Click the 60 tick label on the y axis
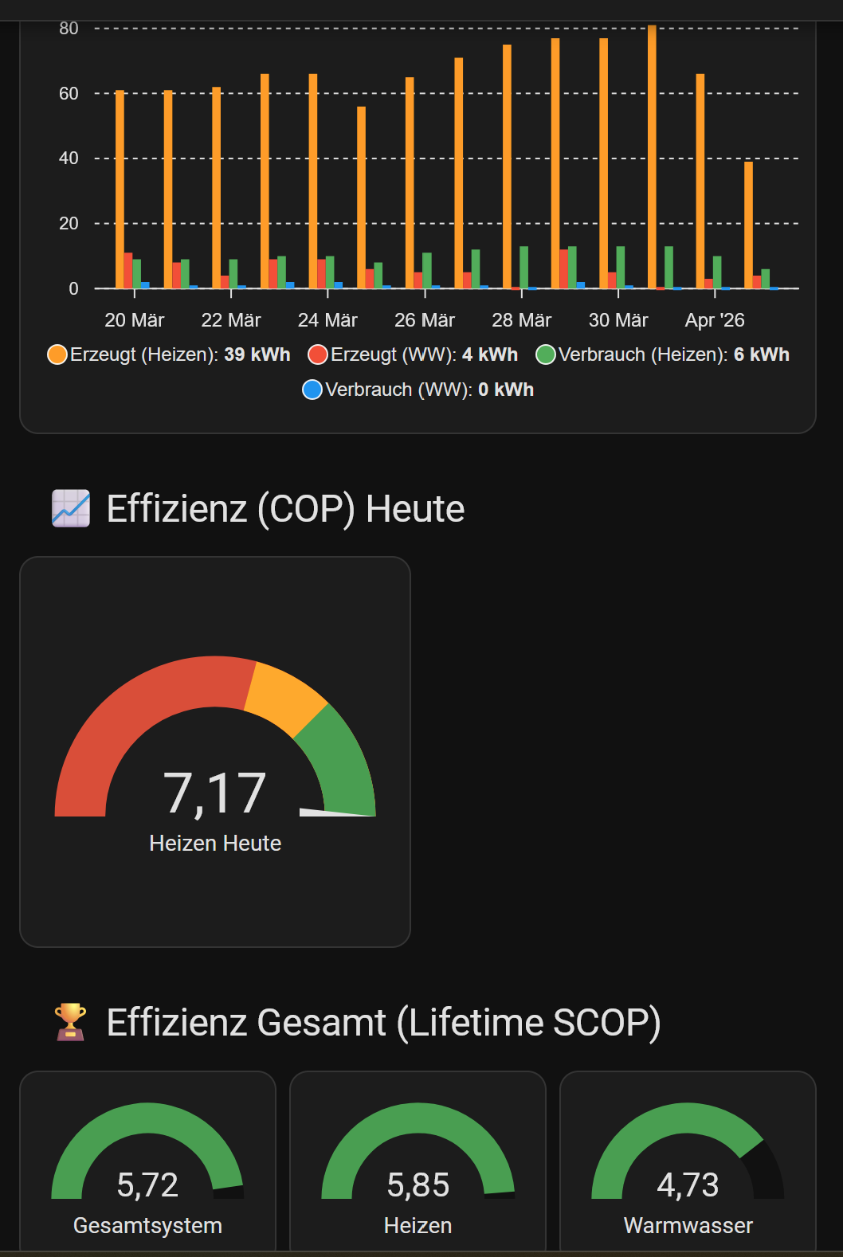pyautogui.click(x=69, y=93)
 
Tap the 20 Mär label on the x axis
pyautogui.click(x=134, y=320)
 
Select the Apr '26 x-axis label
pyautogui.click(x=714, y=320)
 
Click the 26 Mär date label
pyautogui.click(x=424, y=320)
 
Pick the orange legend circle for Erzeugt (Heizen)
pyautogui.click(x=57, y=354)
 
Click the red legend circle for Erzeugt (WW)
pyautogui.click(x=318, y=354)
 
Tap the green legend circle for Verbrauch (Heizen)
pyautogui.click(x=546, y=354)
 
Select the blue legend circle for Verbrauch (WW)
pyautogui.click(x=312, y=390)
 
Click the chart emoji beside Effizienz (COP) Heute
pyautogui.click(x=71, y=508)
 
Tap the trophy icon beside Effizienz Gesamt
pyautogui.click(x=71, y=1021)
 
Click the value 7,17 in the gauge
pyautogui.click(x=214, y=793)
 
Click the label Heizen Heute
pyautogui.click(x=215, y=843)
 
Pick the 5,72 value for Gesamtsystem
pyautogui.click(x=147, y=1185)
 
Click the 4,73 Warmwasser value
pyautogui.click(x=688, y=1185)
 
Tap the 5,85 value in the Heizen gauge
pyautogui.click(x=418, y=1185)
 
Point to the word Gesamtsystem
pyautogui.click(x=147, y=1225)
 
